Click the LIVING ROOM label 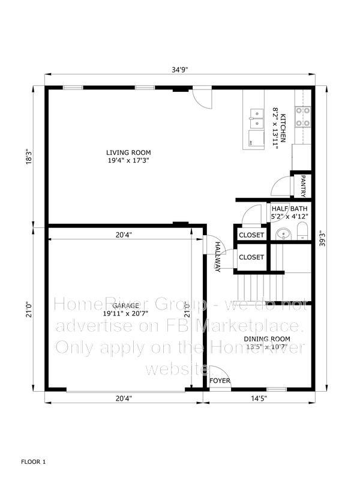128,152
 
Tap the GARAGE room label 125,305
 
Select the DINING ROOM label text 267,339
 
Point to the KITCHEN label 283,128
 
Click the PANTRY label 303,186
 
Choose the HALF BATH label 290,209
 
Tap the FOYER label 220,380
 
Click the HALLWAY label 218,257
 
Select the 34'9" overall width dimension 179,70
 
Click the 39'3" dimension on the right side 322,238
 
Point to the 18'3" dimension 28,157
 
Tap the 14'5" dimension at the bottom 259,398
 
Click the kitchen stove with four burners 303,117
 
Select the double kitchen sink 257,118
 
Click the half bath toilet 302,231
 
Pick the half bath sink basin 284,235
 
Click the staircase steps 260,288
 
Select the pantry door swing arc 281,186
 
